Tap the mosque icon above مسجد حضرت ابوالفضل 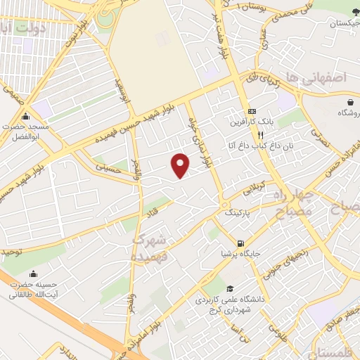coord(26,117)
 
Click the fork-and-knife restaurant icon coord(260,135)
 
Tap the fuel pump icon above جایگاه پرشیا coord(241,244)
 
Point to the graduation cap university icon coord(230,289)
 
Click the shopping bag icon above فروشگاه coord(347,102)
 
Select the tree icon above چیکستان coord(339,14)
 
